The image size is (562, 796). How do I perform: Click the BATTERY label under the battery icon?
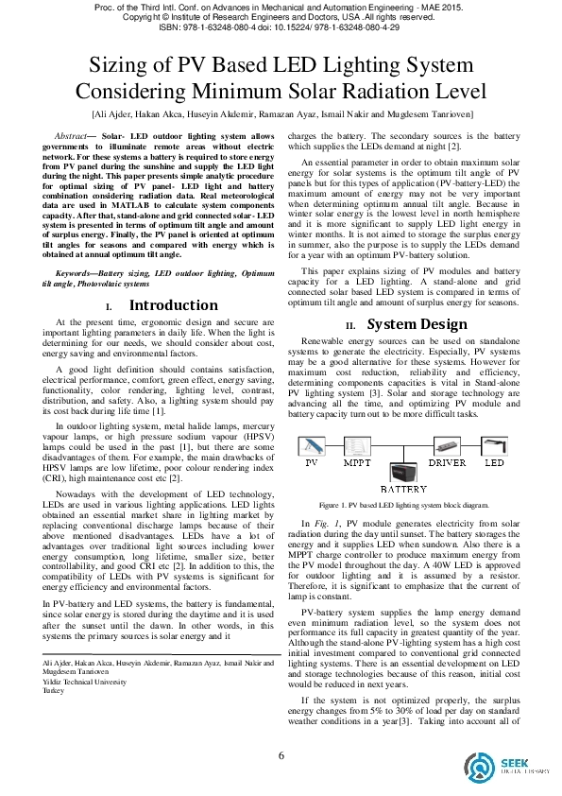403,491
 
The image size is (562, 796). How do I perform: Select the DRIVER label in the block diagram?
448,464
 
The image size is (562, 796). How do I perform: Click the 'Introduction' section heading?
173,305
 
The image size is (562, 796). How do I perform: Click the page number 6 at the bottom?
281,754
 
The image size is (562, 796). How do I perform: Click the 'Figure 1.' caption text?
336,506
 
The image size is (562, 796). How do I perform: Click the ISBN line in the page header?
281,28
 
